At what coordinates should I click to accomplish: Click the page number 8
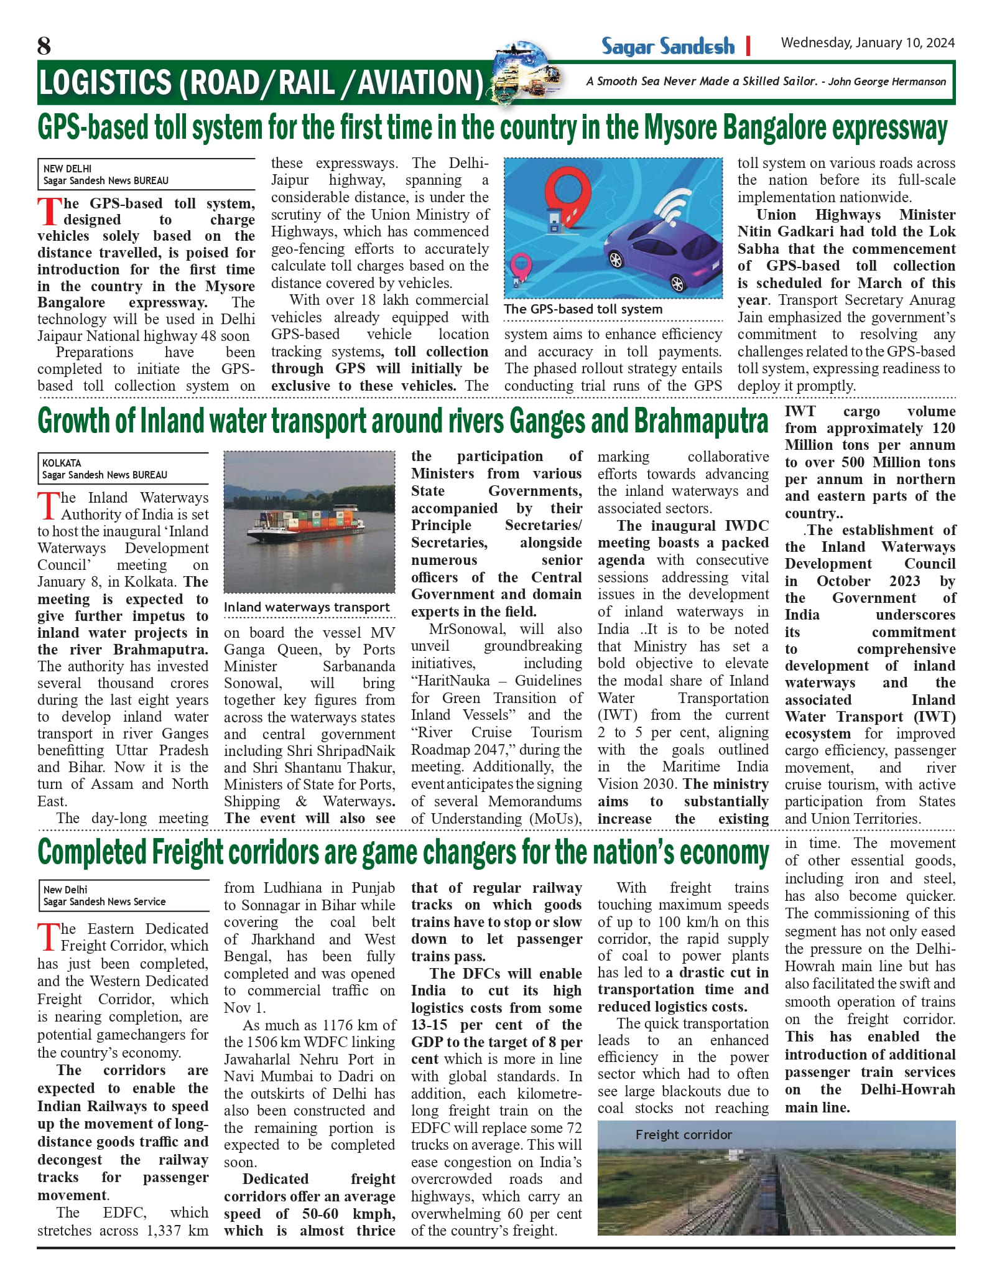tap(44, 45)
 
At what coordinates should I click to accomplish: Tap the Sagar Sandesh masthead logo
tap(667, 46)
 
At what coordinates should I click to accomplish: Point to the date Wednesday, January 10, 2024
tap(868, 43)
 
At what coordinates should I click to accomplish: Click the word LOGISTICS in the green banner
tap(104, 82)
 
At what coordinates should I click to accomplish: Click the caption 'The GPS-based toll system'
tap(583, 309)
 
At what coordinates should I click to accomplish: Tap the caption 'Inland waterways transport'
tap(307, 607)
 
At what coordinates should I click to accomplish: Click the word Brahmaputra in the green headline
tap(701, 422)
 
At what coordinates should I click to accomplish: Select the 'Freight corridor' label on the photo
tap(684, 1135)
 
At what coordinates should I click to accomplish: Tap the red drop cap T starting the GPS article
tap(49, 212)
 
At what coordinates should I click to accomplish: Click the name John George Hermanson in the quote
tap(887, 82)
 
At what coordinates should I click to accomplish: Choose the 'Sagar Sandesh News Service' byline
tap(104, 902)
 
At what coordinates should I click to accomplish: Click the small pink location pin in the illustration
tap(521, 265)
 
